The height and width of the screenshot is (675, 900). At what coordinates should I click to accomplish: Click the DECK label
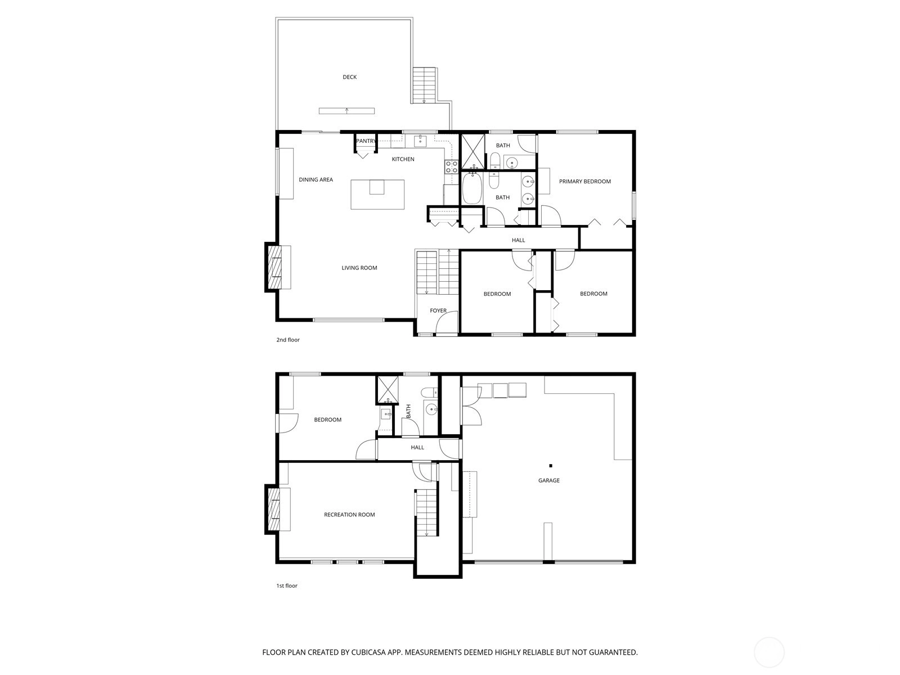pyautogui.click(x=349, y=77)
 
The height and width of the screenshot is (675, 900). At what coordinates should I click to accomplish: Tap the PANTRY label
pyautogui.click(x=366, y=141)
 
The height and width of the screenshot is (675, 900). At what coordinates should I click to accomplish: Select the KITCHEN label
pyautogui.click(x=403, y=159)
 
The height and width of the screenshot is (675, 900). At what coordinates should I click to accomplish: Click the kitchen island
pyautogui.click(x=377, y=194)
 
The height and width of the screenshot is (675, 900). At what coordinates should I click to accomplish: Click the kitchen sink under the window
pyautogui.click(x=420, y=141)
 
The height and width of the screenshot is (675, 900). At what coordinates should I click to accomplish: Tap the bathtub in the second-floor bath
pyautogui.click(x=472, y=188)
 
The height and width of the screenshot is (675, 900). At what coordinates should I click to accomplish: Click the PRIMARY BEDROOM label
pyautogui.click(x=584, y=182)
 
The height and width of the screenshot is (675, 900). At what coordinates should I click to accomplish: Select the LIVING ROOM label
pyautogui.click(x=359, y=268)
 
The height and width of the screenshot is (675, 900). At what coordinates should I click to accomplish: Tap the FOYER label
pyautogui.click(x=438, y=310)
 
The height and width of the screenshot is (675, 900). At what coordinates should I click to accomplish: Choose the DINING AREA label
pyautogui.click(x=316, y=179)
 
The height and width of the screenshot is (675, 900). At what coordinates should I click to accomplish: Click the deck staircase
pyautogui.click(x=424, y=85)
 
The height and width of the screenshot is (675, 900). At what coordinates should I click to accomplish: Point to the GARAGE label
pyautogui.click(x=548, y=480)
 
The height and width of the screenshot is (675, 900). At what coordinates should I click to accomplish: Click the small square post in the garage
pyautogui.click(x=551, y=466)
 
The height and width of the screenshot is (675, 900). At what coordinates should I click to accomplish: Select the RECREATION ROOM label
pyautogui.click(x=349, y=515)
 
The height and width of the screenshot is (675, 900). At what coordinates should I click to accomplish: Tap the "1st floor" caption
pyautogui.click(x=287, y=586)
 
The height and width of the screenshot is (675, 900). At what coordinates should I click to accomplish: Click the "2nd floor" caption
pyautogui.click(x=288, y=340)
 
